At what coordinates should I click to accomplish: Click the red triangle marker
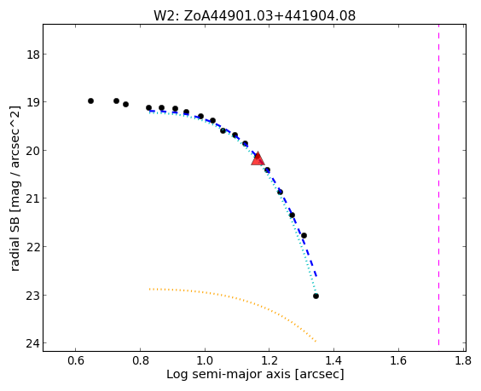tap(258, 158)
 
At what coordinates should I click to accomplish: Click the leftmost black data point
tap(90, 101)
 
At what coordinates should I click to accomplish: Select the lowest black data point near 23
tap(316, 296)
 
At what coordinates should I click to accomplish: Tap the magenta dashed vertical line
tap(438, 185)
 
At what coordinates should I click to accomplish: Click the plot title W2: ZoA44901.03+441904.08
tap(255, 15)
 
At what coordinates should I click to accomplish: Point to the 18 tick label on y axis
tap(32, 55)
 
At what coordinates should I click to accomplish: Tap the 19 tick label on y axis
tap(32, 103)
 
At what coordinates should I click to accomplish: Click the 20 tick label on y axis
tap(32, 151)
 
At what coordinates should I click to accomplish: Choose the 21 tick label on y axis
tap(32, 199)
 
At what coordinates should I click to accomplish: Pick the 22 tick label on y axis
tap(32, 247)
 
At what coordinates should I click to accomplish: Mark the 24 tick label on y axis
tap(32, 344)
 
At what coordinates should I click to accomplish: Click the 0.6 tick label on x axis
tap(76, 361)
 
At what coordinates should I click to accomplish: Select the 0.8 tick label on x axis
tap(141, 361)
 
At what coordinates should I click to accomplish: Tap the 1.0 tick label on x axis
tap(205, 361)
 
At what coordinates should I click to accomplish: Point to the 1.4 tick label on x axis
tap(333, 361)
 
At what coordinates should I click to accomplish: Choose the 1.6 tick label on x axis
tap(398, 361)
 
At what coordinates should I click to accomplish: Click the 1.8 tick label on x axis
tap(463, 361)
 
